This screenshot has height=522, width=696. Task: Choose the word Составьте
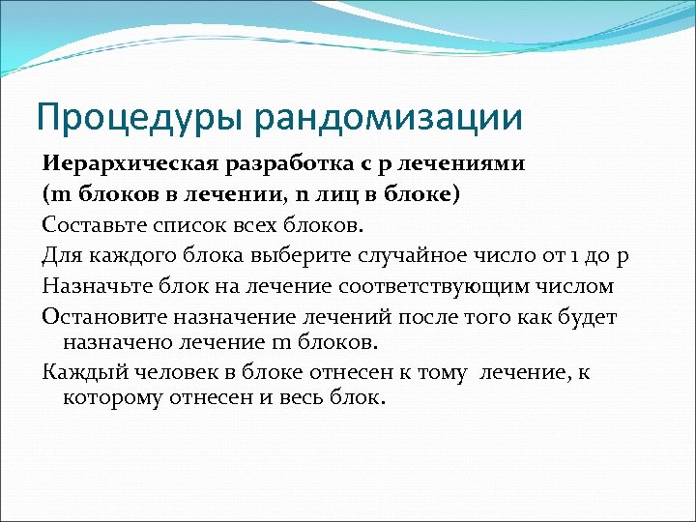(88, 226)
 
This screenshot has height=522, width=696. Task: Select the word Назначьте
(92, 287)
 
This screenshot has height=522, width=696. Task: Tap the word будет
(589, 317)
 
